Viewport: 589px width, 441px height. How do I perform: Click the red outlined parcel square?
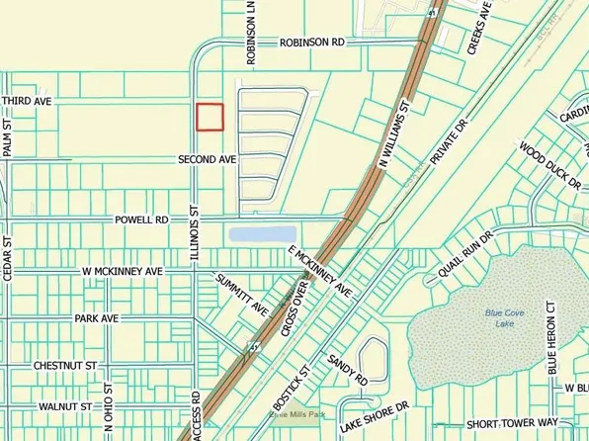210,117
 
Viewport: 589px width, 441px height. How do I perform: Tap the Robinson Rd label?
311,44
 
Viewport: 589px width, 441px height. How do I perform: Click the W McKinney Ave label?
122,270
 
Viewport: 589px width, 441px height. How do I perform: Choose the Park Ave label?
96,318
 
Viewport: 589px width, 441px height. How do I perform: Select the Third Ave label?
25,102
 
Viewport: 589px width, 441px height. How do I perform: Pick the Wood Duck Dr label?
549,163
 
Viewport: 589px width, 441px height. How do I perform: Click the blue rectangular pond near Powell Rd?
262,235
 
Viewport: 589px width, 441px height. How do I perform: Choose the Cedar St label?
7,260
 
